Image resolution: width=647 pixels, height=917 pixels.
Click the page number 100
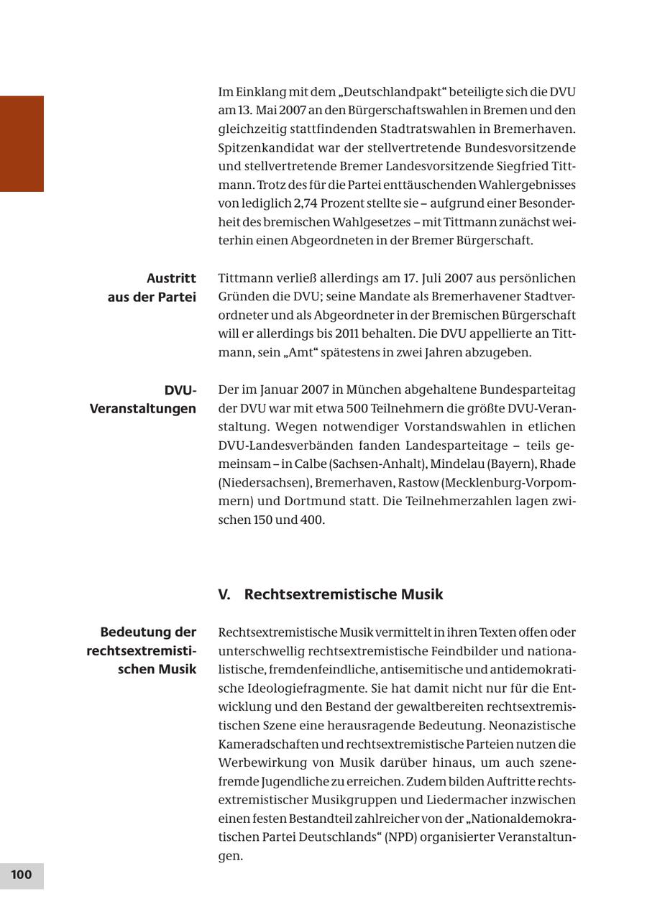pos(22,875)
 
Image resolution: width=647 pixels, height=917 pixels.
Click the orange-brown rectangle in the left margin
pos(22,144)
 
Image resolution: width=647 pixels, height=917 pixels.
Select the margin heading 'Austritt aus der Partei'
pos(152,287)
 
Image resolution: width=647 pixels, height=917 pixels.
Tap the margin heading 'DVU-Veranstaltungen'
pos(143,400)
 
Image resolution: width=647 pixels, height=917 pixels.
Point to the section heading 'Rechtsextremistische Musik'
pos(344,594)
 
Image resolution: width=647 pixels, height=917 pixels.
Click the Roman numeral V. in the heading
pos(224,594)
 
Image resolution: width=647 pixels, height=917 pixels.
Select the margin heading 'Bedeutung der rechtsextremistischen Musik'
pos(142,650)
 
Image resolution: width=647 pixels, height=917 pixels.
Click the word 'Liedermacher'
pos(456,800)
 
